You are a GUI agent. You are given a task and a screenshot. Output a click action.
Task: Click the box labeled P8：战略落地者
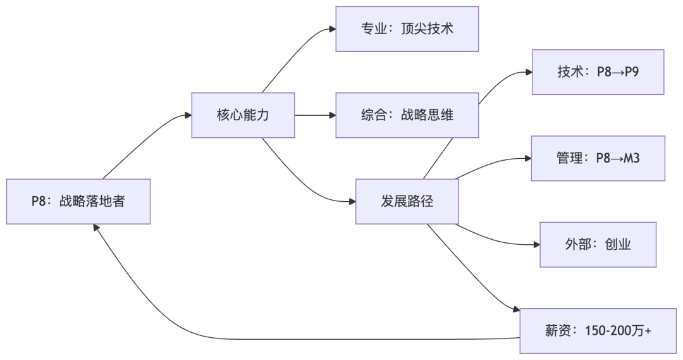click(78, 201)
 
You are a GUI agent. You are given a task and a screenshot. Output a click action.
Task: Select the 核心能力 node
click(243, 115)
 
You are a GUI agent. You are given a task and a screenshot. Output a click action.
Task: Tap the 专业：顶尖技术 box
click(407, 29)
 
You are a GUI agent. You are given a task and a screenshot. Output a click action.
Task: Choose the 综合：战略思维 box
click(407, 115)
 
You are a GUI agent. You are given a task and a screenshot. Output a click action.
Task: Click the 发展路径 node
click(407, 201)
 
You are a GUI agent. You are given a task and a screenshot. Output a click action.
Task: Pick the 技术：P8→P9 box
click(598, 72)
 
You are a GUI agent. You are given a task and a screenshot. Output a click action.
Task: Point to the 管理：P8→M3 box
click(598, 158)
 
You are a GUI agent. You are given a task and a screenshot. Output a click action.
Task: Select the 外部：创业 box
click(598, 244)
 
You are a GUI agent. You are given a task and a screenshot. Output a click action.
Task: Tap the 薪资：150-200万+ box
click(598, 330)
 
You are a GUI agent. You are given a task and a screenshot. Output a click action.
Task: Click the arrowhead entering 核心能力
click(188, 115)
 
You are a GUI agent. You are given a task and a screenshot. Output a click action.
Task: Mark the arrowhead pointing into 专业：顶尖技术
click(332, 29)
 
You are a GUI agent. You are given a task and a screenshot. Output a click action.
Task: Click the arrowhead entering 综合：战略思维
click(332, 115)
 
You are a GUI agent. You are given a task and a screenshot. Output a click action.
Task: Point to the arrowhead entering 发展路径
click(352, 201)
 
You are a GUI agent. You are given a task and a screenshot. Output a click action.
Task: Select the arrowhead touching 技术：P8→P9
click(528, 72)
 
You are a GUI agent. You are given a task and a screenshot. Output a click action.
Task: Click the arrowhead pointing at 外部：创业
click(536, 244)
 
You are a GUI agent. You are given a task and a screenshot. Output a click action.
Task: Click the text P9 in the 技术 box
click(631, 72)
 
